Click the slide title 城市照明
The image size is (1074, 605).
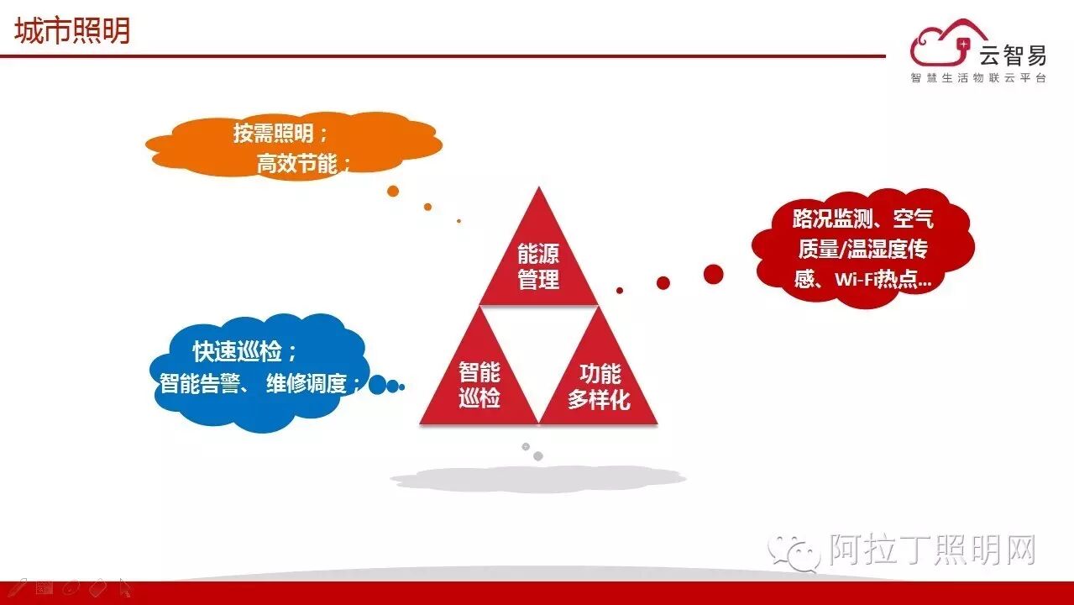(x=73, y=31)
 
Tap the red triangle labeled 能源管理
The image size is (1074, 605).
(x=538, y=260)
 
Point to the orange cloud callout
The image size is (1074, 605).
(x=293, y=145)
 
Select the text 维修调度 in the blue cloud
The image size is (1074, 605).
(x=306, y=384)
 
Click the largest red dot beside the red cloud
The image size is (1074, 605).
(x=713, y=274)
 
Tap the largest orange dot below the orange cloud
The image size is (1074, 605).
(x=393, y=192)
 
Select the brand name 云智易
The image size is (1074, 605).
(x=1012, y=55)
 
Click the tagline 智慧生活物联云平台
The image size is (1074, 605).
(x=978, y=78)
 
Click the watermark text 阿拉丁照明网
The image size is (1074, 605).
(x=932, y=550)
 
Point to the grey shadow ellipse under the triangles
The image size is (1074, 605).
(x=537, y=479)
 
